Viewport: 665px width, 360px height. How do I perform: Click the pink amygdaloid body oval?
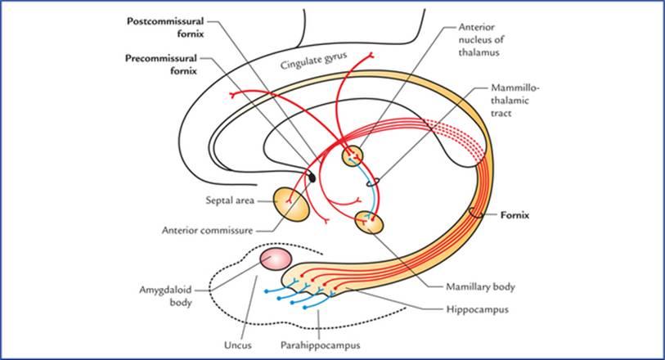276,259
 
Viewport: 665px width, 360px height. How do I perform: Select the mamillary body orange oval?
370,221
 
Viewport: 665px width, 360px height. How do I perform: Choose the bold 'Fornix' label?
516,215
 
